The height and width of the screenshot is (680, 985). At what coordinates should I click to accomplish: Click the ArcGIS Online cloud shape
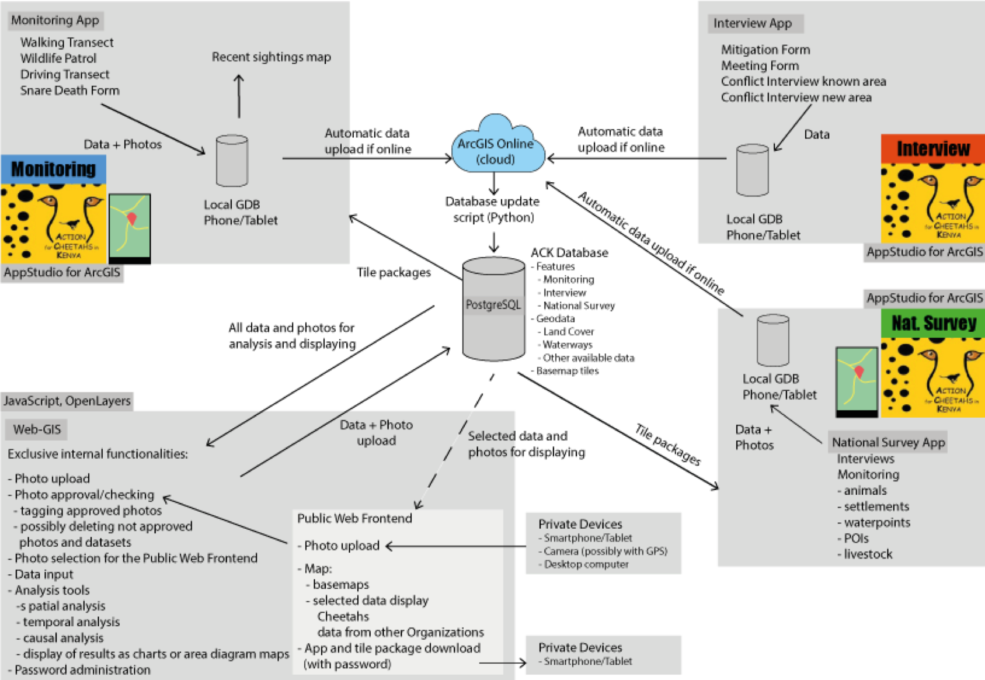496,146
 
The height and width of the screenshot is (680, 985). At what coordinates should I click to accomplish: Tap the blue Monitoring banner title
53,169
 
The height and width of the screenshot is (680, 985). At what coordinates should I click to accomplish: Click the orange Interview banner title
932,149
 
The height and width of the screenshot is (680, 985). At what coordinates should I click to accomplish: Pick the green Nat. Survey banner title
933,323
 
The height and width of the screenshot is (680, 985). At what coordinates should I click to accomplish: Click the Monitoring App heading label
55,20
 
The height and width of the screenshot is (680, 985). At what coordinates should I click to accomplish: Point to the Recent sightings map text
271,57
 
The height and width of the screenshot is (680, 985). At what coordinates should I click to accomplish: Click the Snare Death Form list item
70,91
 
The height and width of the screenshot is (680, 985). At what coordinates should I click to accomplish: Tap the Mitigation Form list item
765,50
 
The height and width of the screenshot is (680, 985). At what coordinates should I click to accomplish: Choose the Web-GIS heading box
37,429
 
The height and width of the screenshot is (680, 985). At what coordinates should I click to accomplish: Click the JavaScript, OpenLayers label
67,401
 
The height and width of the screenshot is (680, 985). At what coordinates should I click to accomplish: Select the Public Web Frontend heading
354,518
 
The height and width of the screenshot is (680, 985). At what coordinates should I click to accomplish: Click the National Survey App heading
888,442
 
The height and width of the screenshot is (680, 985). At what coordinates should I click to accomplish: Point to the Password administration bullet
82,670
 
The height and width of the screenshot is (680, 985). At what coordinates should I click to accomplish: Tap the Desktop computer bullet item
586,564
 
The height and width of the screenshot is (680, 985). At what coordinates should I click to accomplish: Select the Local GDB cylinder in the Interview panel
752,170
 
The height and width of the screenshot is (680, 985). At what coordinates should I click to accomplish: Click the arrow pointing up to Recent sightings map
239,96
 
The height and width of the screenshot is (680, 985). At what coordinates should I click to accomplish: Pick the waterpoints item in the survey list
877,522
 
